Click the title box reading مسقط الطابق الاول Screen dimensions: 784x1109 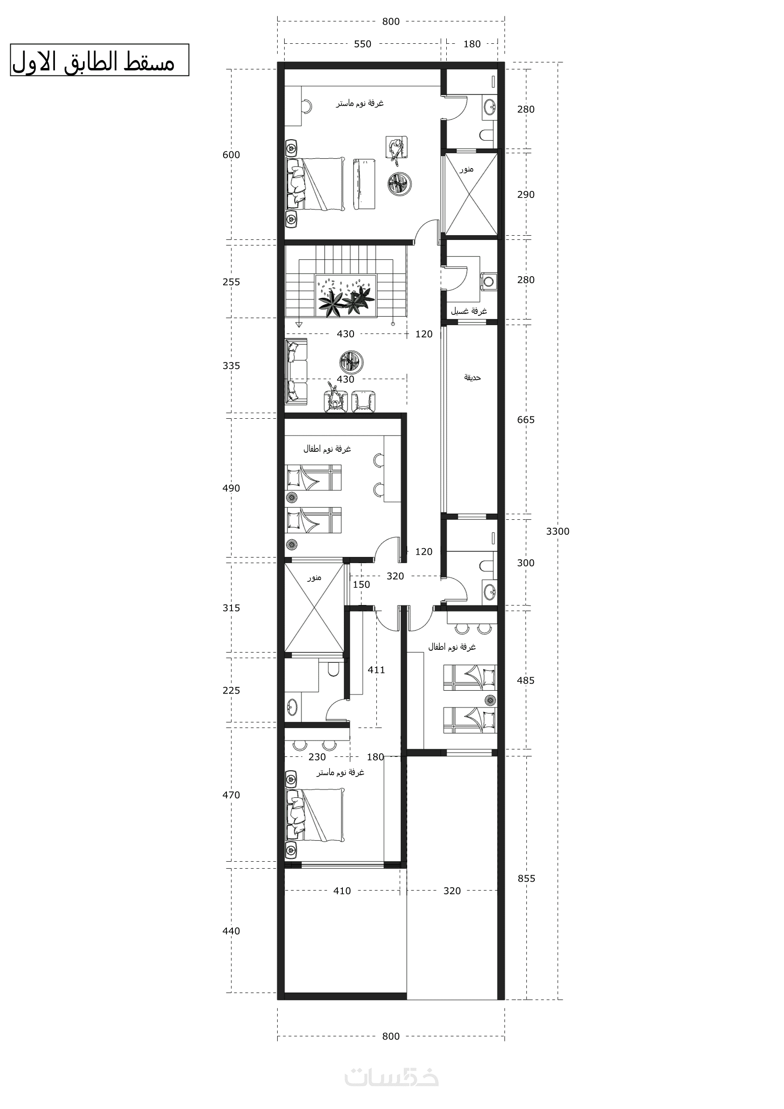(x=100, y=60)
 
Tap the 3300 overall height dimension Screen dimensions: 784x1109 (x=558, y=531)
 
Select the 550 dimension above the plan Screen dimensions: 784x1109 (x=362, y=44)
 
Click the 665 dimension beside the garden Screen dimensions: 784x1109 (x=525, y=420)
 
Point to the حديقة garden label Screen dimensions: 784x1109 (x=472, y=377)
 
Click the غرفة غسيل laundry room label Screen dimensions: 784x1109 (x=469, y=311)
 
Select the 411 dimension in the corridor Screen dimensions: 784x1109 (x=376, y=670)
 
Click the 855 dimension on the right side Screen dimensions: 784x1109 (x=526, y=878)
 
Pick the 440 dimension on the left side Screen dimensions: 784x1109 (x=231, y=931)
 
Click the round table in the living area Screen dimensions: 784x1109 (x=351, y=362)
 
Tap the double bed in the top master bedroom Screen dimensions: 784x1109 (x=316, y=184)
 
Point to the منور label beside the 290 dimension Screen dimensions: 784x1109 (x=466, y=169)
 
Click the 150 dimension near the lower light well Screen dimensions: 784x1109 (x=361, y=585)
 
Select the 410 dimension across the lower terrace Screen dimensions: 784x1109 (x=342, y=891)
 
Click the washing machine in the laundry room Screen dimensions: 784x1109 (x=489, y=280)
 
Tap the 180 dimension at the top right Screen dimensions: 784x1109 (x=472, y=44)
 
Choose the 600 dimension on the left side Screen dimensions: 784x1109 (x=231, y=155)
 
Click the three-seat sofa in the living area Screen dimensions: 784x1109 (x=296, y=371)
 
